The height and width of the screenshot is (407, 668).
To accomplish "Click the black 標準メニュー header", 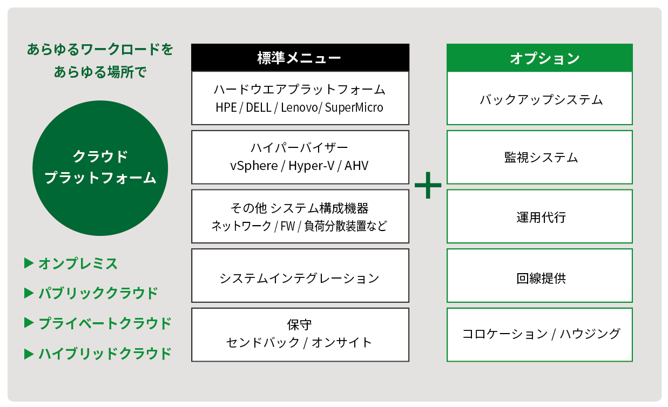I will (x=300, y=58).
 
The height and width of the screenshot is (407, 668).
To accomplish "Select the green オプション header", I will (x=539, y=58).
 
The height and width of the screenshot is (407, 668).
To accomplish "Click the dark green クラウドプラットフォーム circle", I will (x=100, y=168).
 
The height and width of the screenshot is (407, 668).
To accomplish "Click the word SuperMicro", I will (x=354, y=107).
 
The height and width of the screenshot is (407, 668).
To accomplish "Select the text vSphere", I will (x=253, y=166).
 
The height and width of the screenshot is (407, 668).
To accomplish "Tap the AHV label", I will (x=356, y=166).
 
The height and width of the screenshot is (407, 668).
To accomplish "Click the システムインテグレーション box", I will (x=300, y=278).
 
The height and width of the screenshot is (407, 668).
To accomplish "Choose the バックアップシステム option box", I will (x=539, y=100).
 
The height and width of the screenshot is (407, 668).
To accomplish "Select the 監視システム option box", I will (x=539, y=158).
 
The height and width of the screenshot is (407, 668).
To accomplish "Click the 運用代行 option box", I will (x=539, y=217).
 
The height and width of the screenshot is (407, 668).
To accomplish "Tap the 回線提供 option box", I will (x=539, y=279).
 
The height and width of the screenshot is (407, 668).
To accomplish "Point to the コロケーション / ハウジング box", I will (x=539, y=334).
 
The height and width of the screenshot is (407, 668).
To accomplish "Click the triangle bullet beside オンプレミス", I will (x=29, y=263).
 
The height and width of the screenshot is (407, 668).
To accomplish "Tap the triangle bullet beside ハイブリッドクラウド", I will (x=29, y=354).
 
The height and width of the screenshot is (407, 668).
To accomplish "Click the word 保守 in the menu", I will (x=300, y=325).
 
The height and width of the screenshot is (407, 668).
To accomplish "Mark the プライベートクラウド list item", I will (x=105, y=323).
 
